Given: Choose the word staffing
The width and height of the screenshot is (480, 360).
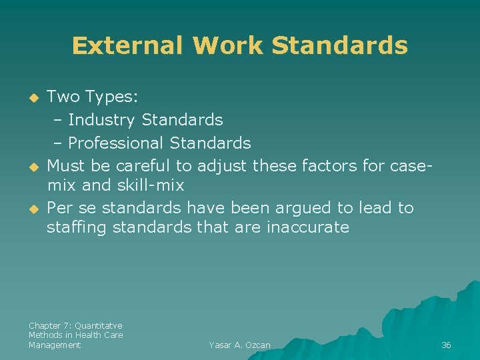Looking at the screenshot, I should (77, 227).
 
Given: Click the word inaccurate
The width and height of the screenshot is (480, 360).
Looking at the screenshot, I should (307, 227).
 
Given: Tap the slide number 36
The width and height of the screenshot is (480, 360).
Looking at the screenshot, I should (446, 345).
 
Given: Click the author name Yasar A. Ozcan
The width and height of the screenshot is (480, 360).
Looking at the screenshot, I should (239, 345).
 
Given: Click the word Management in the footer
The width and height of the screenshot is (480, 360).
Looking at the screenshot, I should (55, 345).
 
